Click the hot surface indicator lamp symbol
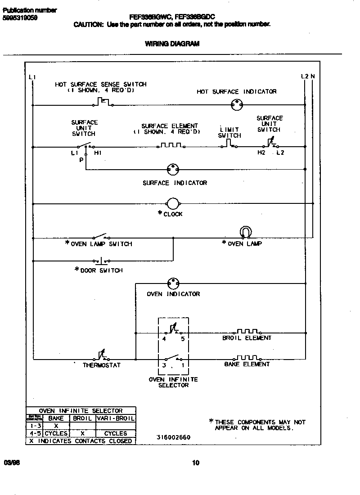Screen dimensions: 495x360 [x=236, y=105]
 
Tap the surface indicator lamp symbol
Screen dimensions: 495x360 [x=173, y=170]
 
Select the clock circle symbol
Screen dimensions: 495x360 [x=173, y=203]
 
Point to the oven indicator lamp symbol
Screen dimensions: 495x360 [x=173, y=283]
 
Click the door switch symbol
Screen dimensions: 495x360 [x=101, y=261]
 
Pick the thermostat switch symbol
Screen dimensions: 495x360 [x=102, y=356]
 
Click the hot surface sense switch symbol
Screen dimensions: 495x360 [x=103, y=103]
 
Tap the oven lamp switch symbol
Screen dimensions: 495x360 [x=100, y=236]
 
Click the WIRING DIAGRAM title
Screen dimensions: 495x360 [x=172, y=44]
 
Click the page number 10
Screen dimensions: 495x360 [x=195, y=463]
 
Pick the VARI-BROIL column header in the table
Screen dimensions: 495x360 [x=115, y=418]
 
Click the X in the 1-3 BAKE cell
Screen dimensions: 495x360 [x=56, y=426]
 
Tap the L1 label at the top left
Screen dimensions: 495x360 [x=31, y=77]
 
